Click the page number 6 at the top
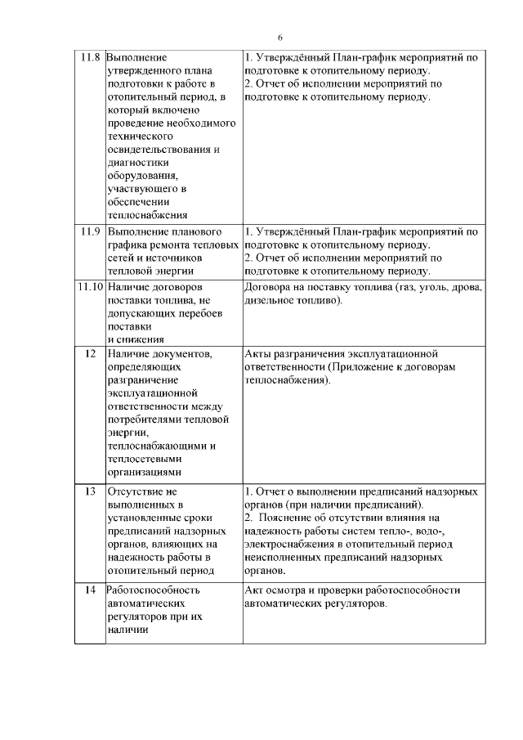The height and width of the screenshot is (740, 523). click(x=279, y=38)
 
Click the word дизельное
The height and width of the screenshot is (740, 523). click(x=267, y=300)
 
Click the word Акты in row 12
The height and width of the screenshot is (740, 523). click(x=257, y=353)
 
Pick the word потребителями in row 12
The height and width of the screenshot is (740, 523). click(x=144, y=419)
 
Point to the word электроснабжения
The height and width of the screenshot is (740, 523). click(x=290, y=544)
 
